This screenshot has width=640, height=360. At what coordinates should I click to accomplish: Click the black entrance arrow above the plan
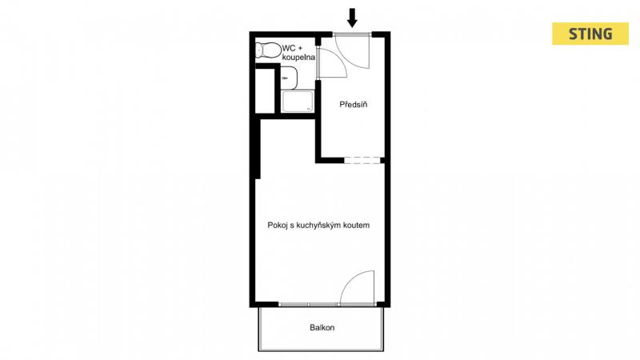click(352, 18)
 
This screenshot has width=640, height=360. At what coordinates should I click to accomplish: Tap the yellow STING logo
click(590, 34)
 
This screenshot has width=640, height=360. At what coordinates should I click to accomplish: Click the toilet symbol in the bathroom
click(269, 50)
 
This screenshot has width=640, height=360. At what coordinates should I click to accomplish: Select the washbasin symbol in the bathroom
click(289, 78)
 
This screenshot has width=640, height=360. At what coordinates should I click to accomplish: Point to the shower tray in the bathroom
click(298, 102)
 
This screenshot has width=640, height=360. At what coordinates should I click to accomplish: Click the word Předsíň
click(354, 105)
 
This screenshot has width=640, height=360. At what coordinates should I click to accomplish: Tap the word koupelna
click(298, 58)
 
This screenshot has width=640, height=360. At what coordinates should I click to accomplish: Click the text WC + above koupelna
click(293, 48)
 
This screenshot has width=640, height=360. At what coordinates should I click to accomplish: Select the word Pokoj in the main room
click(277, 226)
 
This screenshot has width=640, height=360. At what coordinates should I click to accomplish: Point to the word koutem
click(357, 226)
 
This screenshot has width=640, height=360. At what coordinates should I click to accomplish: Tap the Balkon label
click(322, 327)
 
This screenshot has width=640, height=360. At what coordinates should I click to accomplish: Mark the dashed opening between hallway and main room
click(362, 161)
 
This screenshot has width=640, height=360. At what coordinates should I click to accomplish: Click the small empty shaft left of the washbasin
click(265, 90)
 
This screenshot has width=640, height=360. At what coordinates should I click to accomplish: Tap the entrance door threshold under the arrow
click(352, 34)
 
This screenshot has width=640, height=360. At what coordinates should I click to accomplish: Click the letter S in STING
click(574, 34)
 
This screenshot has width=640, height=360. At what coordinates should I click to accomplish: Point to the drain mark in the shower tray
click(309, 109)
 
